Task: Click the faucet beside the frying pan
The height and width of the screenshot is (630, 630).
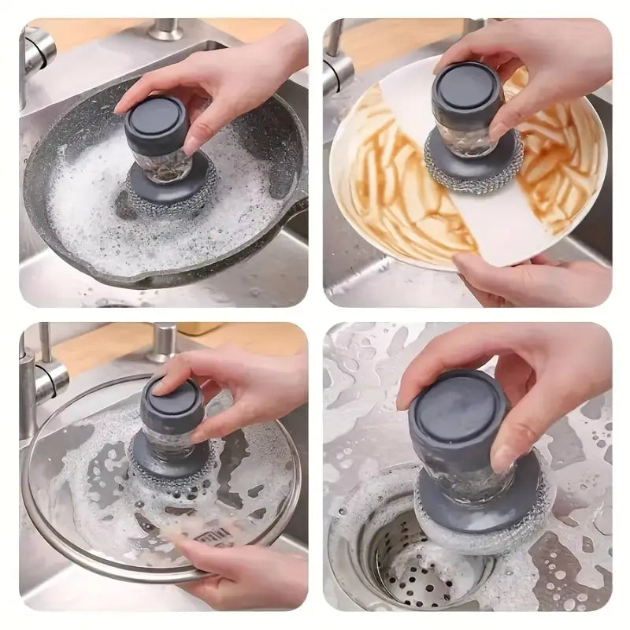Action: point(35,59)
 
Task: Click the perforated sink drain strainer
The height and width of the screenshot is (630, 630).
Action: point(409,567)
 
